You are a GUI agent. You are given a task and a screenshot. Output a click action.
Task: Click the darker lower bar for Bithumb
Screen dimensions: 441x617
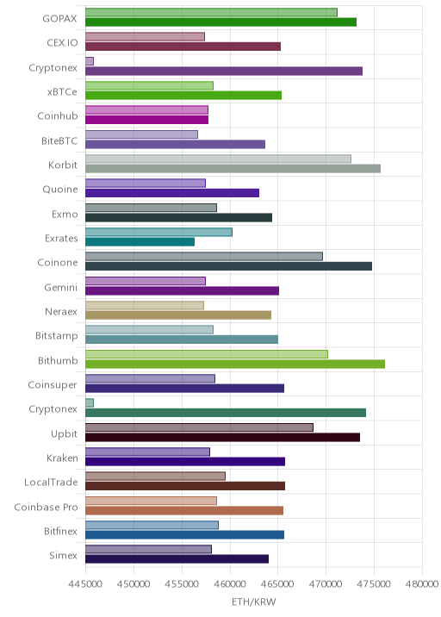click(x=235, y=364)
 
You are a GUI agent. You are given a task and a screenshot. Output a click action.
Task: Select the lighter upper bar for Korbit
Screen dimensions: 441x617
click(x=218, y=159)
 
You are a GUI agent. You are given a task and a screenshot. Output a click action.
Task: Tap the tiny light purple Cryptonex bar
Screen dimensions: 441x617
click(x=90, y=61)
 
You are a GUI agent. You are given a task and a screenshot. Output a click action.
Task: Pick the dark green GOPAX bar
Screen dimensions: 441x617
click(x=220, y=22)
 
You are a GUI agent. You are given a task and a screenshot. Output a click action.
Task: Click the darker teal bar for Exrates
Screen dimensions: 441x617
click(x=140, y=242)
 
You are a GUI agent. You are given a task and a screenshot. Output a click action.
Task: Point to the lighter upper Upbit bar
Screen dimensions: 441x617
click(x=199, y=427)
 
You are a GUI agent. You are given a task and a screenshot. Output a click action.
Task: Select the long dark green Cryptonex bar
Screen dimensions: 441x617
click(x=226, y=413)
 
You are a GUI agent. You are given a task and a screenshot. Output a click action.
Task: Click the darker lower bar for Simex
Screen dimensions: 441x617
click(x=177, y=559)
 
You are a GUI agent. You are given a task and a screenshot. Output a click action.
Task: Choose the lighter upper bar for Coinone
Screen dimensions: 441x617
click(x=204, y=257)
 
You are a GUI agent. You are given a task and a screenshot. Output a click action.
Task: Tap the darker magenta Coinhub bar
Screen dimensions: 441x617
click(x=146, y=120)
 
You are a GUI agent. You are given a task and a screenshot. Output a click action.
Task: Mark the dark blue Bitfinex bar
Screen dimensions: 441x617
click(x=184, y=535)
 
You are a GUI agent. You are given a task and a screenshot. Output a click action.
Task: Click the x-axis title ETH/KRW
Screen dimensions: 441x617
click(x=254, y=602)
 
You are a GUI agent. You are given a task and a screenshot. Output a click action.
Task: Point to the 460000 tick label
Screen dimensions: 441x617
click(x=230, y=583)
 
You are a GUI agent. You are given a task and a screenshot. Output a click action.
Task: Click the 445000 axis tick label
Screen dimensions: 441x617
click(x=85, y=583)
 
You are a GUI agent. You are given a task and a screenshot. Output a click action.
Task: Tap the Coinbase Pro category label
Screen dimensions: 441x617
click(x=46, y=507)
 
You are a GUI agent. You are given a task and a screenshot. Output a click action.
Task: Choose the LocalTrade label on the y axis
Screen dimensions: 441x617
click(x=51, y=482)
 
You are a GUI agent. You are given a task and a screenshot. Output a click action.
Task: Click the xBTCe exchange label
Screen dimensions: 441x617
click(x=62, y=91)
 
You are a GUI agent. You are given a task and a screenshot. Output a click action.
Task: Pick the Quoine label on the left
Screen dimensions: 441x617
click(x=60, y=190)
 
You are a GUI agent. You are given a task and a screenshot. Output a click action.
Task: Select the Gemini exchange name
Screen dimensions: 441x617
click(x=61, y=287)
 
